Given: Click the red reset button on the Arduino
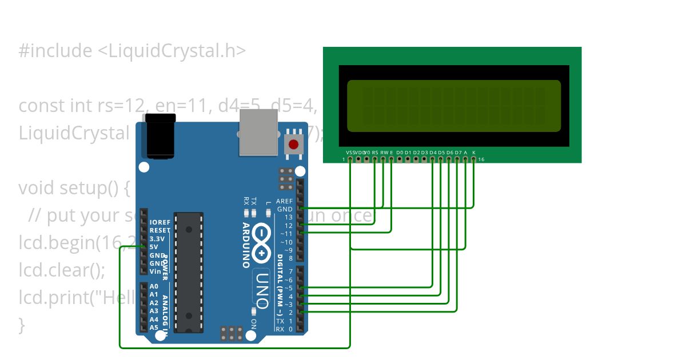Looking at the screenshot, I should click(294, 144).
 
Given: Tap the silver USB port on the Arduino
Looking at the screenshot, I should click(258, 132).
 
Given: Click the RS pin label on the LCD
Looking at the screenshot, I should click(375, 153).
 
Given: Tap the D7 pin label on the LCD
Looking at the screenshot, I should click(457, 153).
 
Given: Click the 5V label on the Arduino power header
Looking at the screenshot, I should click(154, 247).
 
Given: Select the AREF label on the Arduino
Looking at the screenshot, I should click(284, 201).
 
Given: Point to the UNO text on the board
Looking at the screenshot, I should click(262, 289).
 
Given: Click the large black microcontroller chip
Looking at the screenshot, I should click(189, 272).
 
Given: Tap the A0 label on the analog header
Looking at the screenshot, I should click(154, 286).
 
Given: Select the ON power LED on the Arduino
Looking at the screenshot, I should click(254, 311).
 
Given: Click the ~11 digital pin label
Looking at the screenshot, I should click(286, 234).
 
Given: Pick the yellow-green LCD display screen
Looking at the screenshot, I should click(454, 106).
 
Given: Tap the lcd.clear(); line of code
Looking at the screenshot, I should click(62, 270).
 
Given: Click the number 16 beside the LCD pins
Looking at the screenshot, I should click(481, 159).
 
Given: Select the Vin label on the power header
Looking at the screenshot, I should click(154, 271).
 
